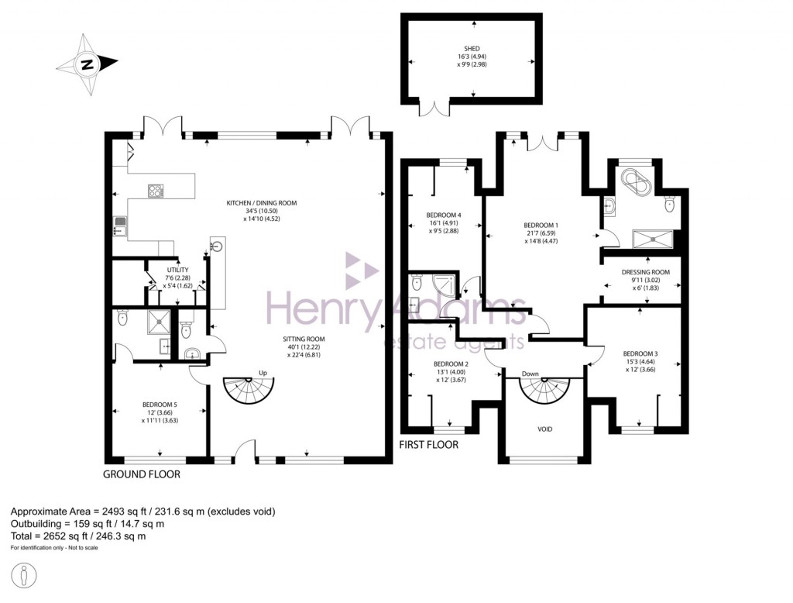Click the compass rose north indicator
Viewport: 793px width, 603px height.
pos(88,65)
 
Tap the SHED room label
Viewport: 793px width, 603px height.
pos(472,48)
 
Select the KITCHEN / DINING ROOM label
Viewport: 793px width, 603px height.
pos(261,203)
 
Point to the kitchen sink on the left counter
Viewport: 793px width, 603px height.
pos(121,225)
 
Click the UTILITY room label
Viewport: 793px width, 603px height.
pos(177,270)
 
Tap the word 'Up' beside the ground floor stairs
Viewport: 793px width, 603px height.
pos(263,373)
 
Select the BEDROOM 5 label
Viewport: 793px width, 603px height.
pos(160,404)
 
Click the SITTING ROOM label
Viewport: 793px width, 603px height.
pos(303,339)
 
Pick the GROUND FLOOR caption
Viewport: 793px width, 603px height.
pos(142,473)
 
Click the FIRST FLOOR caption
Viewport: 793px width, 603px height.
pos(428,445)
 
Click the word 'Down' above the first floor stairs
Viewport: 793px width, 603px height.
pos(530,374)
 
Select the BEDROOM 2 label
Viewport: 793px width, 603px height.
pos(451,364)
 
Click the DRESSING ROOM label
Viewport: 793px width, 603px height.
pos(645,272)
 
